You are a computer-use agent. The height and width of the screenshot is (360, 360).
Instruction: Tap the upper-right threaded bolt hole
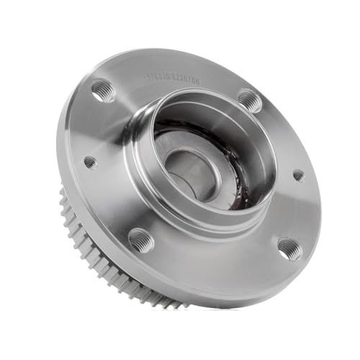249,99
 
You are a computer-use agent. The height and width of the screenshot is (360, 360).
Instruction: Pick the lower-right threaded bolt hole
289,248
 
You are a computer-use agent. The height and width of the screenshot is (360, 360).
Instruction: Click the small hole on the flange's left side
90,163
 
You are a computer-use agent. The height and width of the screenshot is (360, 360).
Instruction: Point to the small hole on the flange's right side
298,175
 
